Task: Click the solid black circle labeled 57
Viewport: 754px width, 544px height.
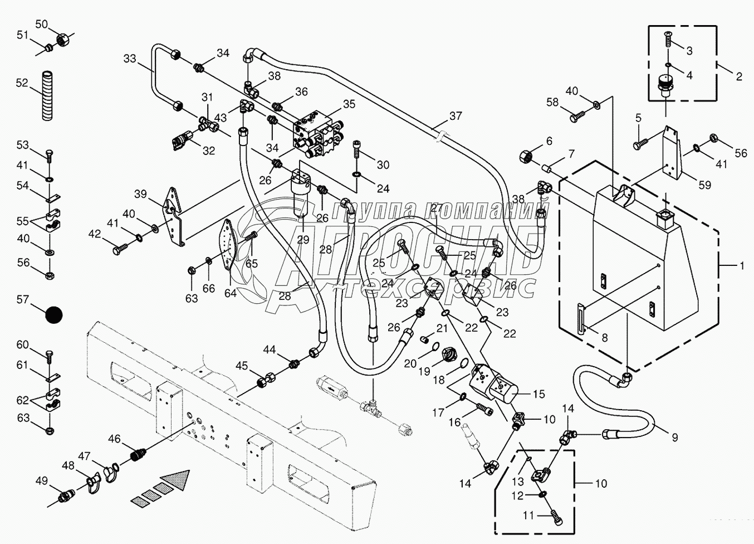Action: (54, 315)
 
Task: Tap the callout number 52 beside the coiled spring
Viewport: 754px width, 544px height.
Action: (22, 82)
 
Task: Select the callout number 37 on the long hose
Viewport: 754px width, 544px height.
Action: (456, 116)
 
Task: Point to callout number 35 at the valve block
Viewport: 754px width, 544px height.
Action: (349, 104)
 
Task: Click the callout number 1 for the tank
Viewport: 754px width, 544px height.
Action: (739, 266)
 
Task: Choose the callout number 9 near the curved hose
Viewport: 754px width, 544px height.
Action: (674, 438)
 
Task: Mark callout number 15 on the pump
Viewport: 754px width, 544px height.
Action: (538, 394)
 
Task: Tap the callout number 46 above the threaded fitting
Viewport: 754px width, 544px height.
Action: (114, 439)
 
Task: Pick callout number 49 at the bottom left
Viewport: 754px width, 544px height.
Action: (42, 481)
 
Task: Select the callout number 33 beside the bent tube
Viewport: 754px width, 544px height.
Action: (130, 59)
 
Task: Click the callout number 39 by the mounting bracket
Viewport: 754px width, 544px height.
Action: (140, 193)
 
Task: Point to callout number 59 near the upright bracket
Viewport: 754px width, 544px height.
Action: (705, 185)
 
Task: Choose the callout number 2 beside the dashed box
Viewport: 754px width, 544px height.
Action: (739, 77)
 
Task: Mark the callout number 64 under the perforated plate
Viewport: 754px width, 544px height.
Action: (231, 293)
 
